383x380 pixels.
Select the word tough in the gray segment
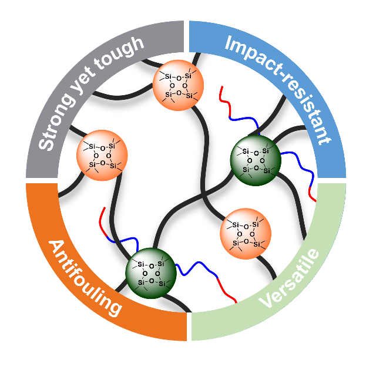click(126, 49)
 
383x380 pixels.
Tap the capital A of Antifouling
click(55, 247)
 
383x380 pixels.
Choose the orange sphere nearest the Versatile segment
click(246, 233)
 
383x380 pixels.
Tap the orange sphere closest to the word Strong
click(102, 154)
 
